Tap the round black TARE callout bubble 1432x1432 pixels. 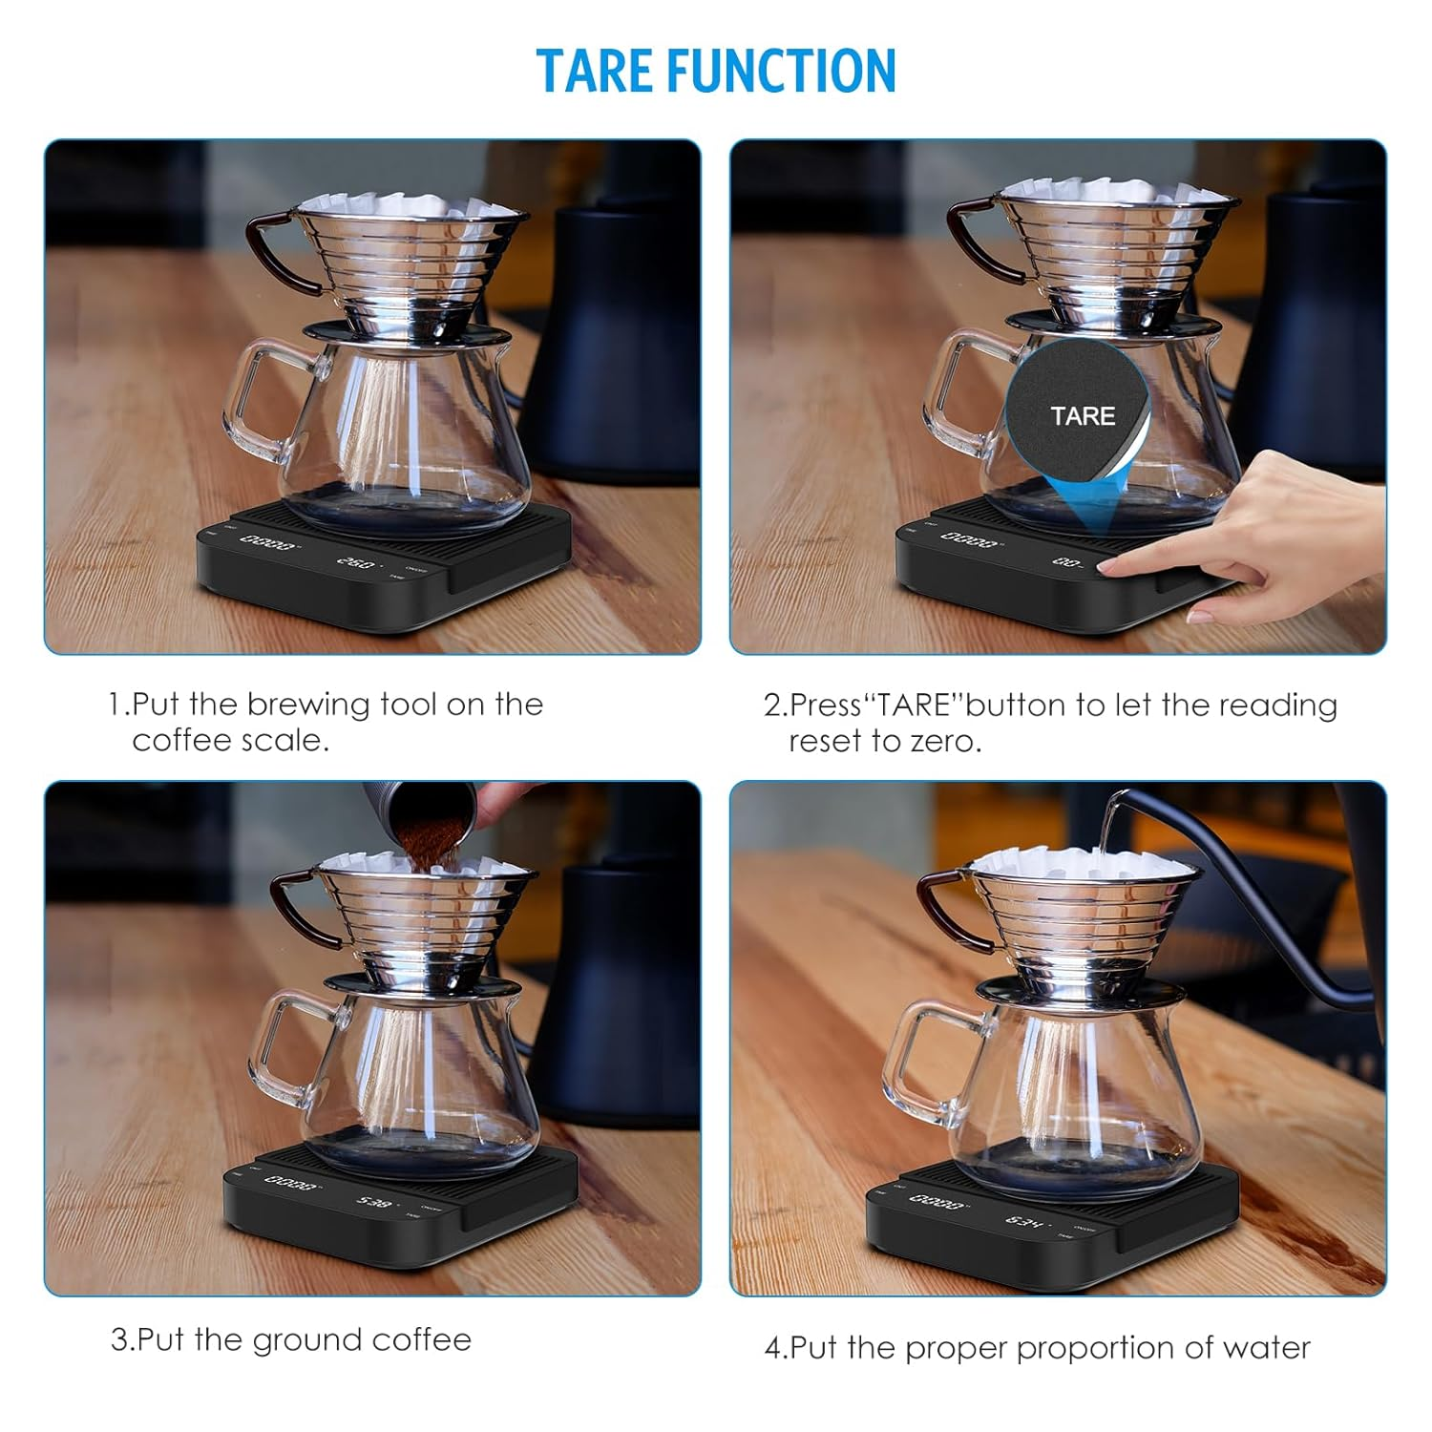click(x=1080, y=415)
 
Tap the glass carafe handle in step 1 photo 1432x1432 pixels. click(x=250, y=401)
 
